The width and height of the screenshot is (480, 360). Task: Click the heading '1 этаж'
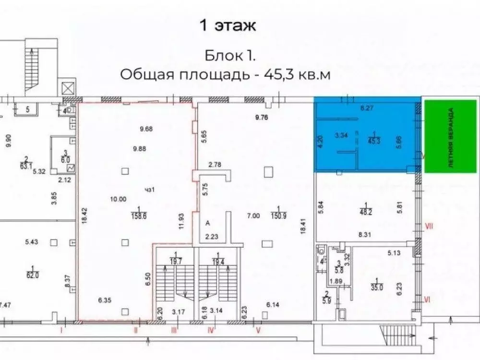228,25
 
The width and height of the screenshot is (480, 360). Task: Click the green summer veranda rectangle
452,137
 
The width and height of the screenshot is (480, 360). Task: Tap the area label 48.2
366,210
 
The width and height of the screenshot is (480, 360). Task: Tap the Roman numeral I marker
61,330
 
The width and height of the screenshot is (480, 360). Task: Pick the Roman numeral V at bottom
258,330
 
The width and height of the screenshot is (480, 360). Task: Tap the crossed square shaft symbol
67,88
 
